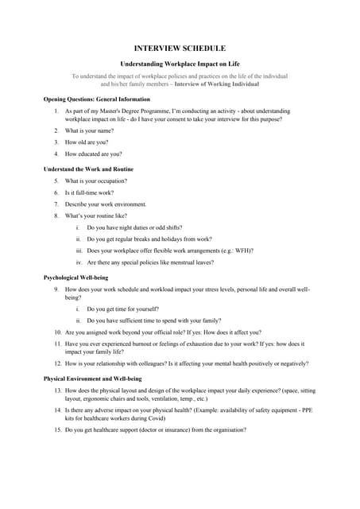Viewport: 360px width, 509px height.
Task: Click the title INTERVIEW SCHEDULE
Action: pyautogui.click(x=180, y=48)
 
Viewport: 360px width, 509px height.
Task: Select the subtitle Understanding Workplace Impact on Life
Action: pyautogui.click(x=180, y=63)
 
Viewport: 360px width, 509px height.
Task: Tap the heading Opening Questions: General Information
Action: pyautogui.click(x=96, y=99)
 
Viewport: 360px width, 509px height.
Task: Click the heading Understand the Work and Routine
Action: pyautogui.click(x=88, y=169)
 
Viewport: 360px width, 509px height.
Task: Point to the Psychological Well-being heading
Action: pyautogui.click(x=75, y=277)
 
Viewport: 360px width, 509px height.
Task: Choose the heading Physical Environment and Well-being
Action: pyautogui.click(x=92, y=379)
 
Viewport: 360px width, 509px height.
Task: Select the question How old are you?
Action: pyautogui.click(x=87, y=142)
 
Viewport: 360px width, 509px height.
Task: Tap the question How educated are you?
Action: pyautogui.click(x=93, y=153)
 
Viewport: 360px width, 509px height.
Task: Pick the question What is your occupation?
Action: pyautogui.click(x=95, y=181)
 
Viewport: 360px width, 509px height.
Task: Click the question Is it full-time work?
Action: pyautogui.click(x=89, y=192)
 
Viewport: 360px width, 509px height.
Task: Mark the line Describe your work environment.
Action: pyautogui.click(x=106, y=204)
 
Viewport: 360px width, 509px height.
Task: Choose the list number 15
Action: pyautogui.click(x=58, y=429)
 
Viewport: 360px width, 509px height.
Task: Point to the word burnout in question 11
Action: pyautogui.click(x=149, y=344)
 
